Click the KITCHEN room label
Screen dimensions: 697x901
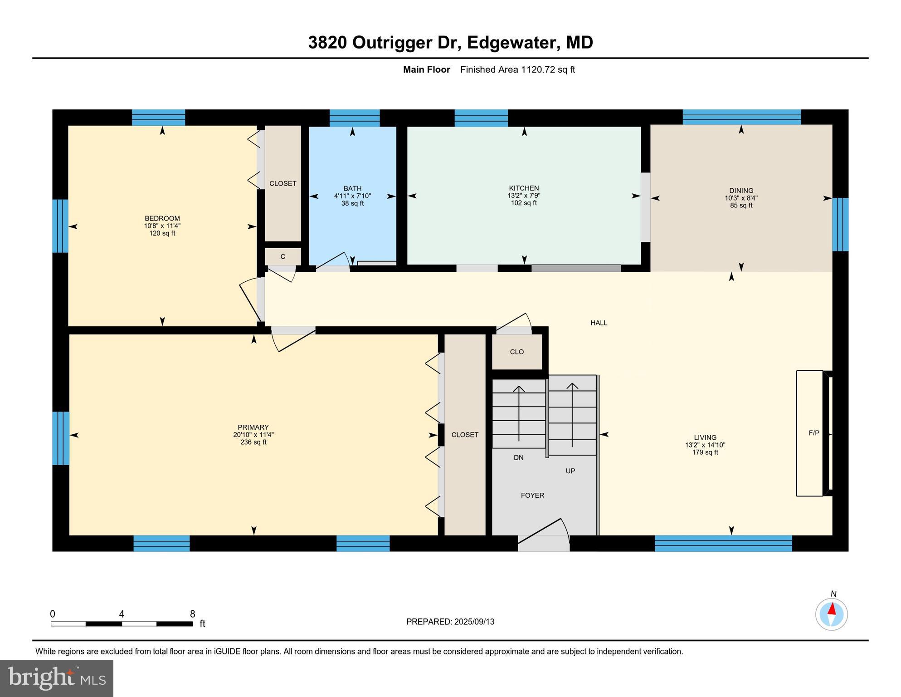pos(524,188)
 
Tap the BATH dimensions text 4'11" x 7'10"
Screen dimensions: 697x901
pos(352,196)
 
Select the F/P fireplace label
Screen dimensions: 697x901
pos(814,433)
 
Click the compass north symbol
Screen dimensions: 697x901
pos(832,614)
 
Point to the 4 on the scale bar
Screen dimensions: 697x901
pos(122,614)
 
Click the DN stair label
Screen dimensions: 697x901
pos(519,457)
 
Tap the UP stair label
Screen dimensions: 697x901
pos(570,471)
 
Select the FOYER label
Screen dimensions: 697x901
pos(532,495)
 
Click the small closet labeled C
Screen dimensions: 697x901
pos(283,256)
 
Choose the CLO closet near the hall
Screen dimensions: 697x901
pos(517,352)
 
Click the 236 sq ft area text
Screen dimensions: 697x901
pos(253,442)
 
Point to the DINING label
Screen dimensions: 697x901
pos(741,191)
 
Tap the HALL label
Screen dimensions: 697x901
pos(599,323)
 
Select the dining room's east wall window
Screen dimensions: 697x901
pos(840,224)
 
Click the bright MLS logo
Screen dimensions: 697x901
pos(57,678)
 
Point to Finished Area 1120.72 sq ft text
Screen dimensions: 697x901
pos(517,69)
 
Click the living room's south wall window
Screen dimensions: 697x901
pos(723,543)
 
